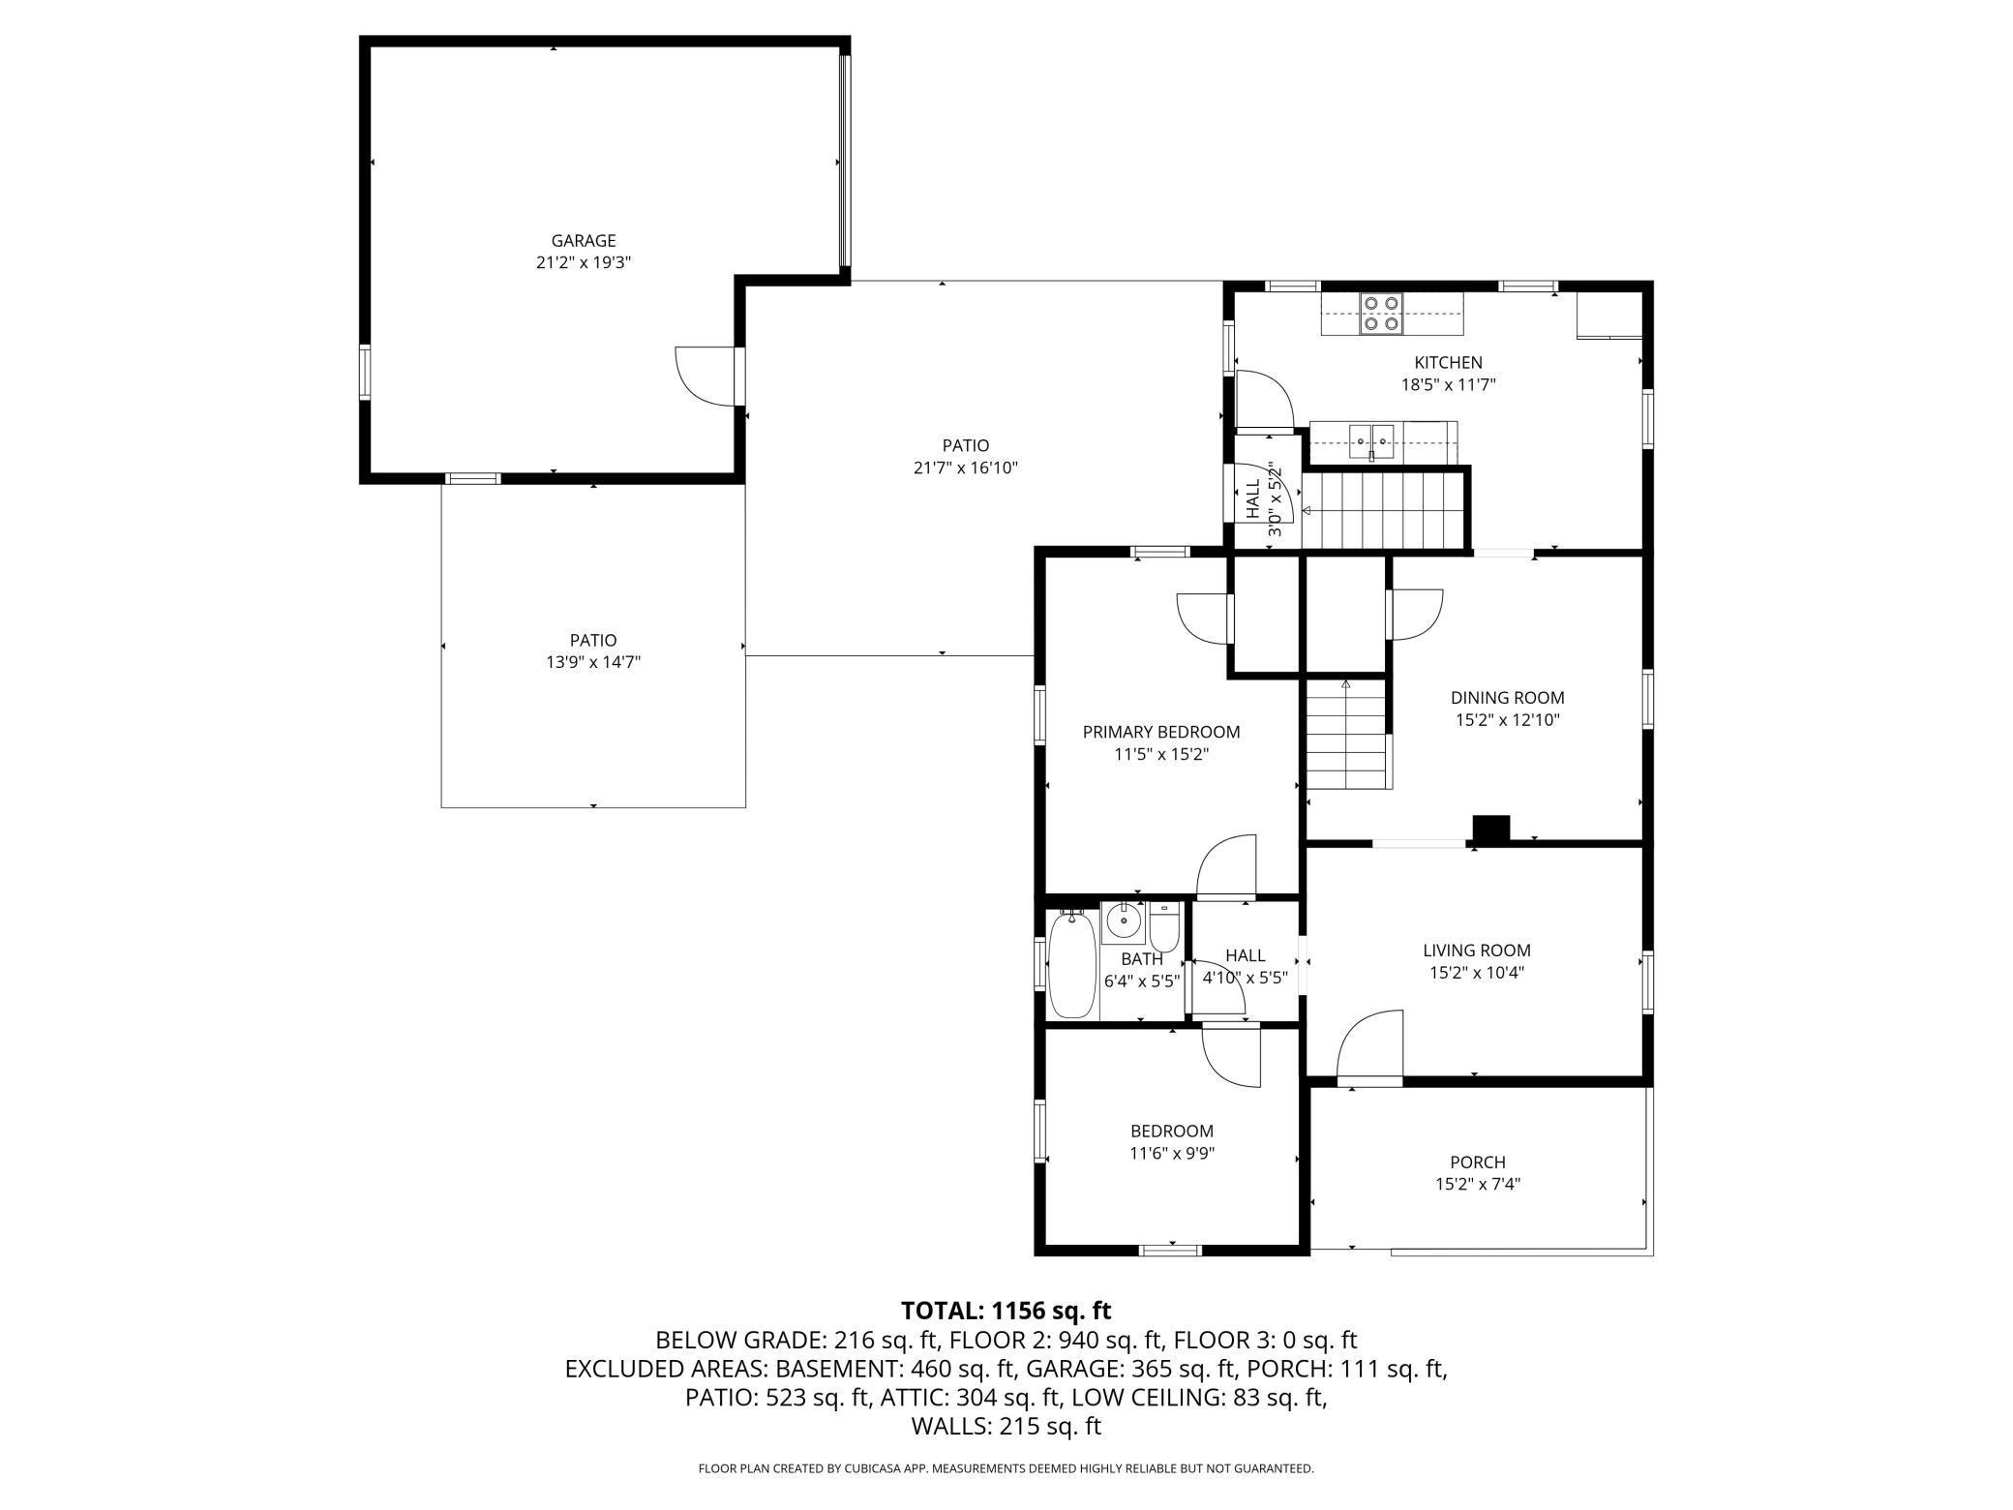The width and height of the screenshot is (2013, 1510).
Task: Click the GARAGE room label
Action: pos(584,241)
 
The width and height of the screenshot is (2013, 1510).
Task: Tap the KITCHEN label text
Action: pos(1448,363)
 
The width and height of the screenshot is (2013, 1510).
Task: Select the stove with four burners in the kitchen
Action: pos(1381,314)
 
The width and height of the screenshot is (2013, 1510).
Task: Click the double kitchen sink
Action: pos(1373,440)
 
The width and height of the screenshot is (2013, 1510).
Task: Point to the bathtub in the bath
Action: pos(1071,964)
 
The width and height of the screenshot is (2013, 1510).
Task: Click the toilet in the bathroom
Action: pos(1164,927)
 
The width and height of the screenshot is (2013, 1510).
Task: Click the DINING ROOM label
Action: pos(1507,698)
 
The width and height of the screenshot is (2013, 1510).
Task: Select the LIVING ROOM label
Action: pos(1477,951)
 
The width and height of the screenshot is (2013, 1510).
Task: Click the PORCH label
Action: pos(1478,1162)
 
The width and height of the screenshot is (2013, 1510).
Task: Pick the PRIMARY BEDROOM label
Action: pos(1161,732)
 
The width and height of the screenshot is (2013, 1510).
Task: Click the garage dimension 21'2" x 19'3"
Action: pos(584,262)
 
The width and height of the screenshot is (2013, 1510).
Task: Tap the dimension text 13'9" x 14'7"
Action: pos(593,662)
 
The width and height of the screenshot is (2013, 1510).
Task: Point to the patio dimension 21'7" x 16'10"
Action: pos(966,468)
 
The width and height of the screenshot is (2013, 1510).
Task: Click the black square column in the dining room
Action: pos(1491,830)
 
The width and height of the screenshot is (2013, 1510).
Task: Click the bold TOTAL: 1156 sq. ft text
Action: pos(1006,1311)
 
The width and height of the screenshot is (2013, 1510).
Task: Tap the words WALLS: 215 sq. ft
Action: pos(1006,1426)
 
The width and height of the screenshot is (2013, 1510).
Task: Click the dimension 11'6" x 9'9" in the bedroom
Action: pos(1172,1153)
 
